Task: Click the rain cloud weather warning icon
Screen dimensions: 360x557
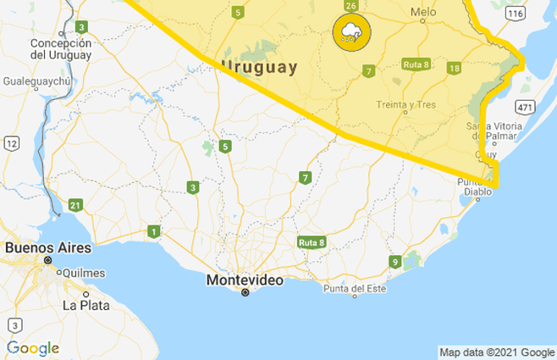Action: [350, 33]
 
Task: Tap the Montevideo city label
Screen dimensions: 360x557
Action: [245, 279]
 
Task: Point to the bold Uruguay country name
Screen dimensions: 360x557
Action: [258, 67]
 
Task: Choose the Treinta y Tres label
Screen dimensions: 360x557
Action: [406, 105]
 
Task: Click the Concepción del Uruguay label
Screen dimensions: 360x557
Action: [59, 49]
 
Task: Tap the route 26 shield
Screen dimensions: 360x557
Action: [350, 6]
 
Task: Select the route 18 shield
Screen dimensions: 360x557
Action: [454, 68]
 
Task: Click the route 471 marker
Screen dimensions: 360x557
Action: [525, 107]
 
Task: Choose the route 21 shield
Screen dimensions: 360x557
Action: [75, 205]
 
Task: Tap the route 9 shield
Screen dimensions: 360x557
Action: [394, 261]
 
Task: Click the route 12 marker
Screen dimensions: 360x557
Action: [10, 144]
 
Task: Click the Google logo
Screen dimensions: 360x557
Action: [33, 347]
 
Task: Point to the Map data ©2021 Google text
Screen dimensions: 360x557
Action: [496, 352]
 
